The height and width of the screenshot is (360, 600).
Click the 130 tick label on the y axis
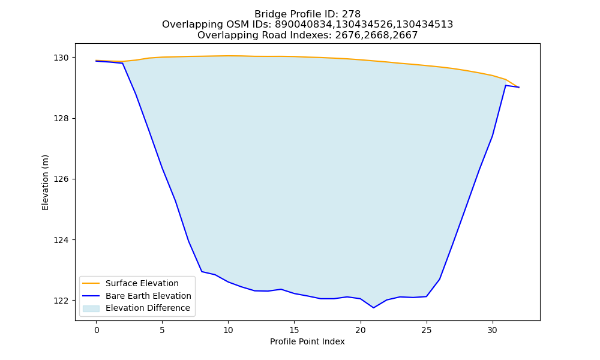pos(61,58)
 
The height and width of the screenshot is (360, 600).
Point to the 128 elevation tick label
pos(61,119)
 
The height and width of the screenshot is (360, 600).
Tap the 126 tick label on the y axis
pos(61,179)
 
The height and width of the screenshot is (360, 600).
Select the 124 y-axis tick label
pos(61,240)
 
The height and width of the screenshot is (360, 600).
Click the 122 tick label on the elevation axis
pos(61,301)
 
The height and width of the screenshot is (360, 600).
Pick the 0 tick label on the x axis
pos(97,330)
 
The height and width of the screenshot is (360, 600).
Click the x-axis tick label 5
pos(162,330)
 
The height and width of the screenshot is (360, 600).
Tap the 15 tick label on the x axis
pos(294,330)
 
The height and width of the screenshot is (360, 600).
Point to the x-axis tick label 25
pos(427,330)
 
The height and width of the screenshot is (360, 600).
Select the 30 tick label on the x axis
pos(493,330)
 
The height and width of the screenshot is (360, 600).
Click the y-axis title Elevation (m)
pos(45,182)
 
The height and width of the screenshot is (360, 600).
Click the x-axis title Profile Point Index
pos(307,341)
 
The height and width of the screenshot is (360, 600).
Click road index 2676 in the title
pos(347,35)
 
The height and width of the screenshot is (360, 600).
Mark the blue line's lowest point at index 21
pos(373,308)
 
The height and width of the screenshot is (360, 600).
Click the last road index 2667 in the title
pos(405,35)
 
